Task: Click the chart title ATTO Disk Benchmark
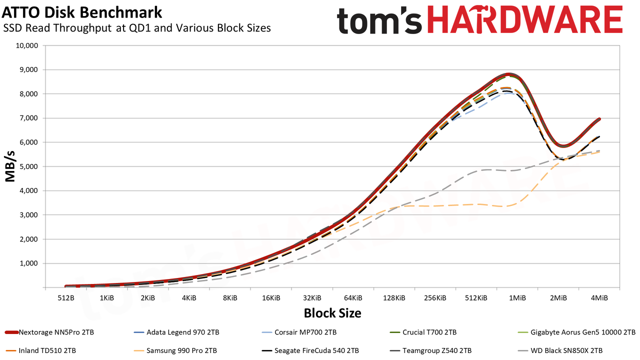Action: click(x=81, y=12)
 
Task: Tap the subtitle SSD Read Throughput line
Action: click(x=137, y=28)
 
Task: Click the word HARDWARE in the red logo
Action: click(x=525, y=20)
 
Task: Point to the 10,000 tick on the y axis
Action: click(x=27, y=45)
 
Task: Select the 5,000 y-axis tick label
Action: click(x=29, y=166)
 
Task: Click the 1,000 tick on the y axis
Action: click(x=29, y=263)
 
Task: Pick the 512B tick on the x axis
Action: click(x=66, y=298)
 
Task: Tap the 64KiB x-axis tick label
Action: click(x=353, y=298)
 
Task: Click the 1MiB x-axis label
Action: click(x=517, y=298)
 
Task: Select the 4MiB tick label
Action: click(x=599, y=298)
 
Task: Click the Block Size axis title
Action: click(x=332, y=313)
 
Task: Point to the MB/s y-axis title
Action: click(x=10, y=166)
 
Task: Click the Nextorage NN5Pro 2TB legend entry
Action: click(x=49, y=332)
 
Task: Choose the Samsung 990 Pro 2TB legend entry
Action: click(x=175, y=350)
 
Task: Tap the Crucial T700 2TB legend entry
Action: click(x=423, y=332)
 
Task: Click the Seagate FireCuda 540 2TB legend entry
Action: click(x=310, y=350)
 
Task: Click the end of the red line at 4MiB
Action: click(x=599, y=119)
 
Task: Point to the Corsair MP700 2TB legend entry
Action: click(x=299, y=332)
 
